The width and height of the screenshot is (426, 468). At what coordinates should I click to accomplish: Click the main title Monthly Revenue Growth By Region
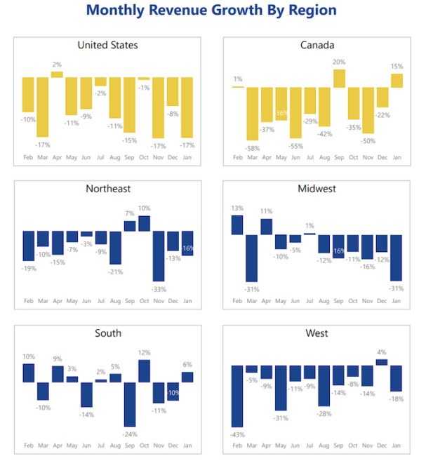[x=211, y=11]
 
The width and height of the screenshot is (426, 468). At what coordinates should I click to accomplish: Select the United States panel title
[x=107, y=46]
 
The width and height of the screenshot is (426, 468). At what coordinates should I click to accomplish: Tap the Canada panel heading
[x=317, y=46]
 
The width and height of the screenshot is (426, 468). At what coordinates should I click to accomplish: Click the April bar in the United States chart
[x=57, y=74]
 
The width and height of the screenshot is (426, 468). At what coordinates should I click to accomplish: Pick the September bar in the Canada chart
[x=340, y=78]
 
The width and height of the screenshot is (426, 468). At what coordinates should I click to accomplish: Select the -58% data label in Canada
[x=253, y=149]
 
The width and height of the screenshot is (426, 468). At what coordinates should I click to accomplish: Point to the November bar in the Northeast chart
[x=159, y=255]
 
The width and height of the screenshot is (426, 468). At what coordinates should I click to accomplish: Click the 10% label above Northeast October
[x=144, y=208]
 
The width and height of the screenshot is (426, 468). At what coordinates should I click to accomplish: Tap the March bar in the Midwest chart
[x=252, y=258]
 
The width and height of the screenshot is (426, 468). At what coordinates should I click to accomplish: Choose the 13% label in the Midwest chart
[x=237, y=208]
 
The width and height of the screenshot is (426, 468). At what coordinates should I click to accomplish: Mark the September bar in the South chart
[x=130, y=404]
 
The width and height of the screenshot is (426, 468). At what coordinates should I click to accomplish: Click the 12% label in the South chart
[x=145, y=353]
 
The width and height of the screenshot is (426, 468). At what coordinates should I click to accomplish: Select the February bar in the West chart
[x=237, y=396]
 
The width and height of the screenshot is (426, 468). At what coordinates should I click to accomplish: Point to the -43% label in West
[x=237, y=434]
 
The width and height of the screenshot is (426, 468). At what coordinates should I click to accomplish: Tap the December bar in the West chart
[x=382, y=362]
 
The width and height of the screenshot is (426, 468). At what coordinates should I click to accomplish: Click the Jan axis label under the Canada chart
[x=397, y=157]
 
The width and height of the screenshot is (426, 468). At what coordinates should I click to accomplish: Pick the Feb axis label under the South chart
[x=28, y=445]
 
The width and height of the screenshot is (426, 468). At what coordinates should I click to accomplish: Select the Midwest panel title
[x=317, y=189]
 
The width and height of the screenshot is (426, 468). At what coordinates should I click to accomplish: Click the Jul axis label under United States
[x=101, y=157]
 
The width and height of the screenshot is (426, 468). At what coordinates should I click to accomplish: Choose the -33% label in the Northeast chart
[x=159, y=289]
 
